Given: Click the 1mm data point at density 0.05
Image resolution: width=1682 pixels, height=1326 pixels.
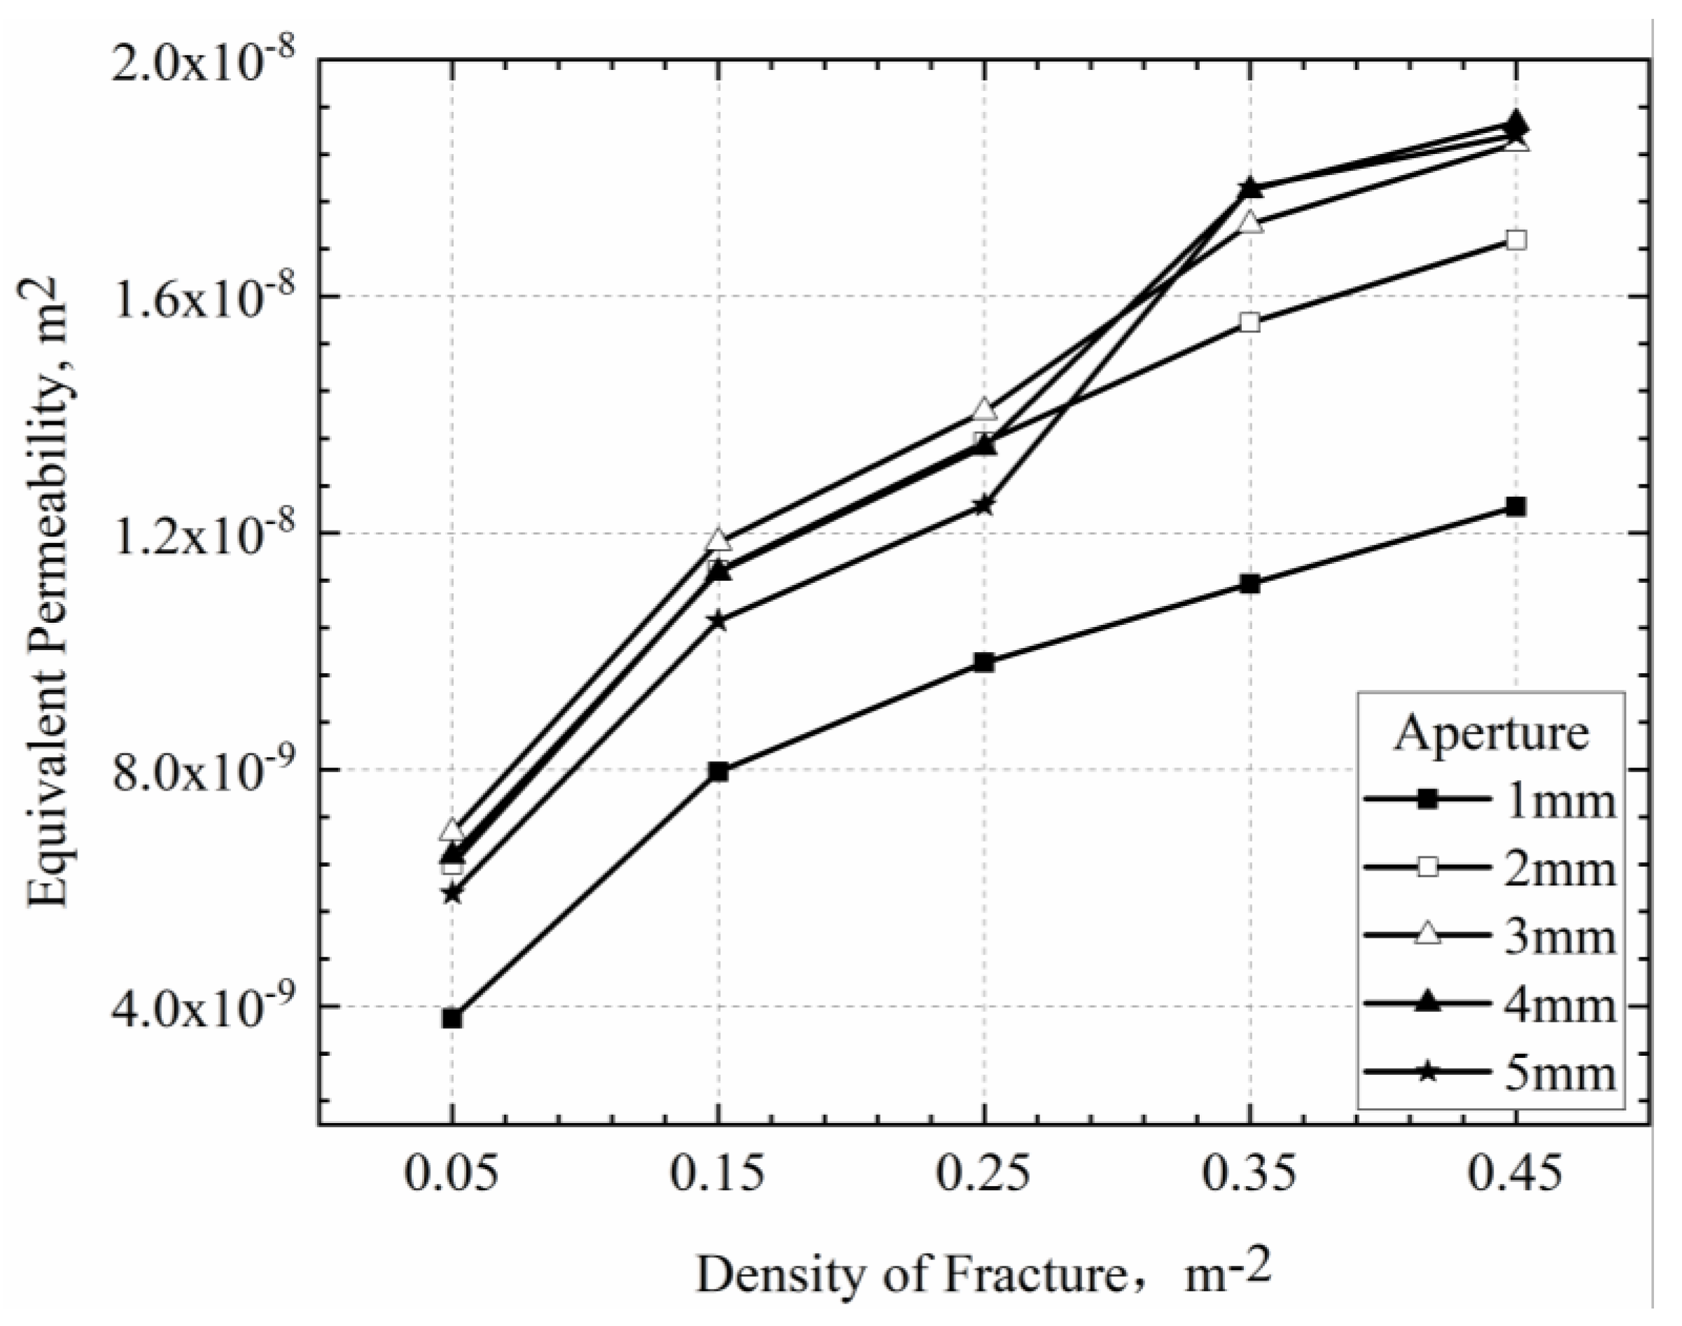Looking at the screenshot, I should tap(452, 1019).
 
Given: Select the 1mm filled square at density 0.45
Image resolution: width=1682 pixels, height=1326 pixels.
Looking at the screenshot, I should tap(1515, 506).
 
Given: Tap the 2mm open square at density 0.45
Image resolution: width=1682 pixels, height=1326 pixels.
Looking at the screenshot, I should tap(1515, 241).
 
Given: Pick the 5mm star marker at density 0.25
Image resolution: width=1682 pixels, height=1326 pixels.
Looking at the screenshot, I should tap(984, 505).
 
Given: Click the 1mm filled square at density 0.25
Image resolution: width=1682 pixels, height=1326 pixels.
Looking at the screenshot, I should tap(984, 662).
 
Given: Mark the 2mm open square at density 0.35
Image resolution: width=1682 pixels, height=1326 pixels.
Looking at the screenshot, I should tap(1249, 323).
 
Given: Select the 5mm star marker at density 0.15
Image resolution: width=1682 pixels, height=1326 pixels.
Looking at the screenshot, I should tap(718, 621).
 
